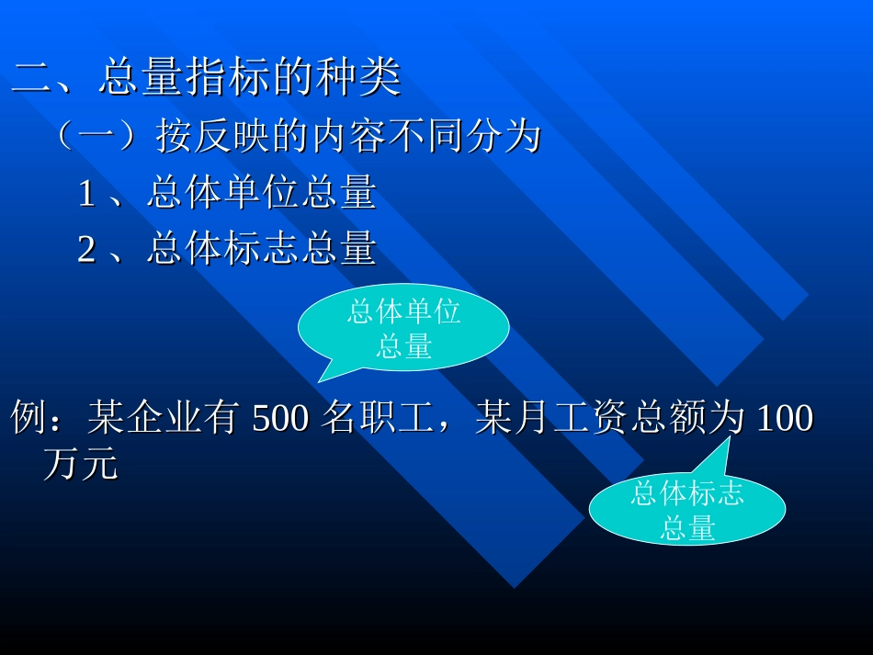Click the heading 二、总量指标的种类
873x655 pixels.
207,78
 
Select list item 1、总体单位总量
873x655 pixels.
227,194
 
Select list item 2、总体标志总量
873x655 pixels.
227,249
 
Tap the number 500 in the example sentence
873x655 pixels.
281,420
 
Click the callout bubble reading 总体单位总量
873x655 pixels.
403,328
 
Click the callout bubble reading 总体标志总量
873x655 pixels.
686,510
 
